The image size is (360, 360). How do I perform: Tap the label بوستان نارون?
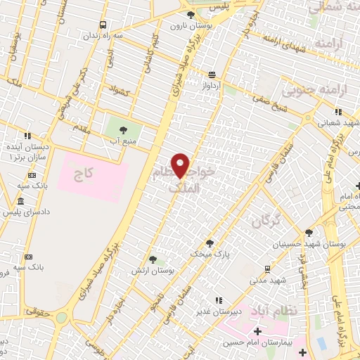pyautogui.click(x=191, y=25)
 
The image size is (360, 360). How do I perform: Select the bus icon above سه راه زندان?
pyautogui.click(x=103, y=24)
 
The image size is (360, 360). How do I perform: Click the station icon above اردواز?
pyautogui.click(x=211, y=74)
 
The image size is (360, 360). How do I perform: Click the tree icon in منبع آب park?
pyautogui.click(x=123, y=129)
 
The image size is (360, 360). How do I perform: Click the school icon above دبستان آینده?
pyautogui.click(x=27, y=136)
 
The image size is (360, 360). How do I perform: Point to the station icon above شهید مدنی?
pyautogui.click(x=267, y=269)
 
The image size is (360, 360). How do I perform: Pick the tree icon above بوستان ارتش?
pyautogui.click(x=143, y=259)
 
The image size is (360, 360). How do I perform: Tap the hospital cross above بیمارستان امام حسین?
pyautogui.click(x=257, y=331)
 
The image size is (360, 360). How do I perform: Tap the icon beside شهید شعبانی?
pyautogui.click(x=339, y=111)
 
